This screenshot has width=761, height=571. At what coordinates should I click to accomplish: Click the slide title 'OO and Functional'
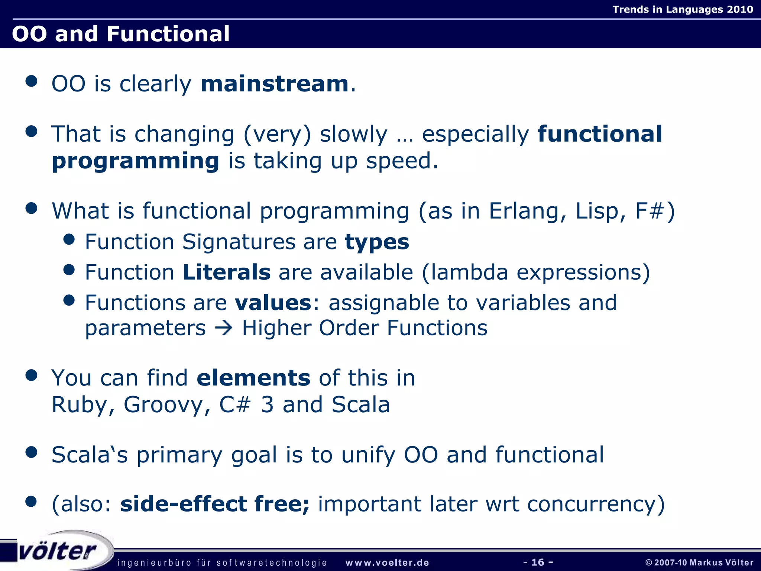click(x=121, y=34)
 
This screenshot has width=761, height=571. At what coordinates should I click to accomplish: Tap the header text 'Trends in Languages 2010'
click(x=683, y=9)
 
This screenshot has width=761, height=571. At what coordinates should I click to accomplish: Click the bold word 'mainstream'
click(x=274, y=84)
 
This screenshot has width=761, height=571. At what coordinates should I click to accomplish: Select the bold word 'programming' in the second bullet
click(x=135, y=161)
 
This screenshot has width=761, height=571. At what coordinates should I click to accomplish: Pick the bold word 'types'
click(x=377, y=242)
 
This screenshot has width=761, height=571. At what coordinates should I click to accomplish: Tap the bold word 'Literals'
click(x=226, y=272)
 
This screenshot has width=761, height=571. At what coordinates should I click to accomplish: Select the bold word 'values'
click(x=273, y=303)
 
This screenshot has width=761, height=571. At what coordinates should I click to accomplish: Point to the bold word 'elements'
click(x=253, y=378)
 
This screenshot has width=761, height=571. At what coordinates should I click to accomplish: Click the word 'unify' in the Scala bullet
click(x=368, y=455)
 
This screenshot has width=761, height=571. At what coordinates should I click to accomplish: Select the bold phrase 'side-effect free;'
click(x=214, y=504)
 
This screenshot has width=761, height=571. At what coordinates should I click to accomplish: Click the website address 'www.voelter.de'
click(x=387, y=562)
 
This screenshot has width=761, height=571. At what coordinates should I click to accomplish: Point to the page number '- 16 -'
click(x=538, y=562)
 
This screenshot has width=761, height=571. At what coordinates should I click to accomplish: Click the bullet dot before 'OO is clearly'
click(x=32, y=81)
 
